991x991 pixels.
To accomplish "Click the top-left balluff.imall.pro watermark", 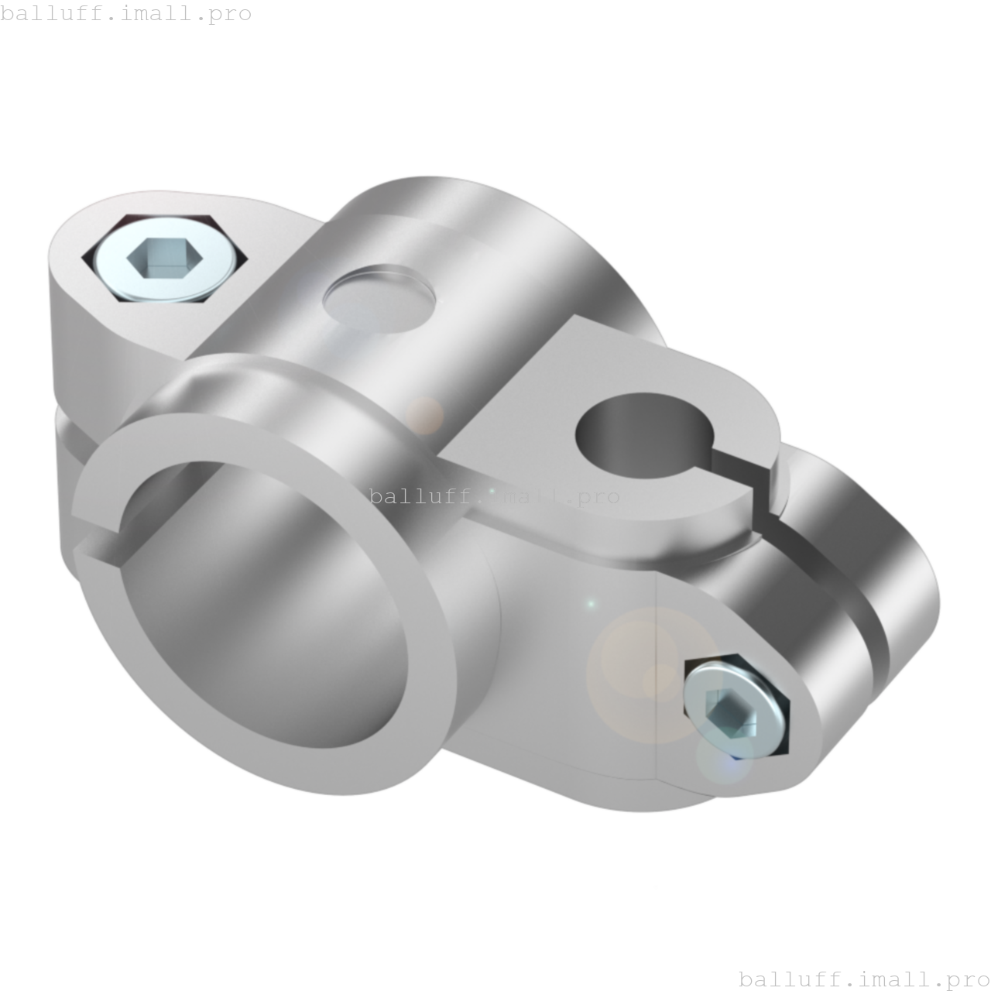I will pyautogui.click(x=126, y=13).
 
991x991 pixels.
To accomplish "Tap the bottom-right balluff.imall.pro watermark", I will pyautogui.click(x=864, y=979).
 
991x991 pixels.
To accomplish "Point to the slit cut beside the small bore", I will pyautogui.click(x=763, y=495).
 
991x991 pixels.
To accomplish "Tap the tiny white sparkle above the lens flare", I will pyautogui.click(x=591, y=603).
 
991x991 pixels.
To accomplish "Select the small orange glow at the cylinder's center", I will pyautogui.click(x=424, y=417).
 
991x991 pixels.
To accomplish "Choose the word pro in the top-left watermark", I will pyautogui.click(x=230, y=13).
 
